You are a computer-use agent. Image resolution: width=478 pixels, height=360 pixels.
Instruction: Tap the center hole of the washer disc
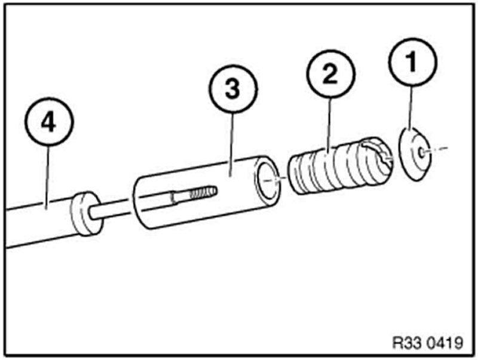pos(422,152)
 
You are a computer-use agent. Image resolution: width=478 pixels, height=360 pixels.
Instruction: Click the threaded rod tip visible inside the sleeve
pos(203,193)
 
